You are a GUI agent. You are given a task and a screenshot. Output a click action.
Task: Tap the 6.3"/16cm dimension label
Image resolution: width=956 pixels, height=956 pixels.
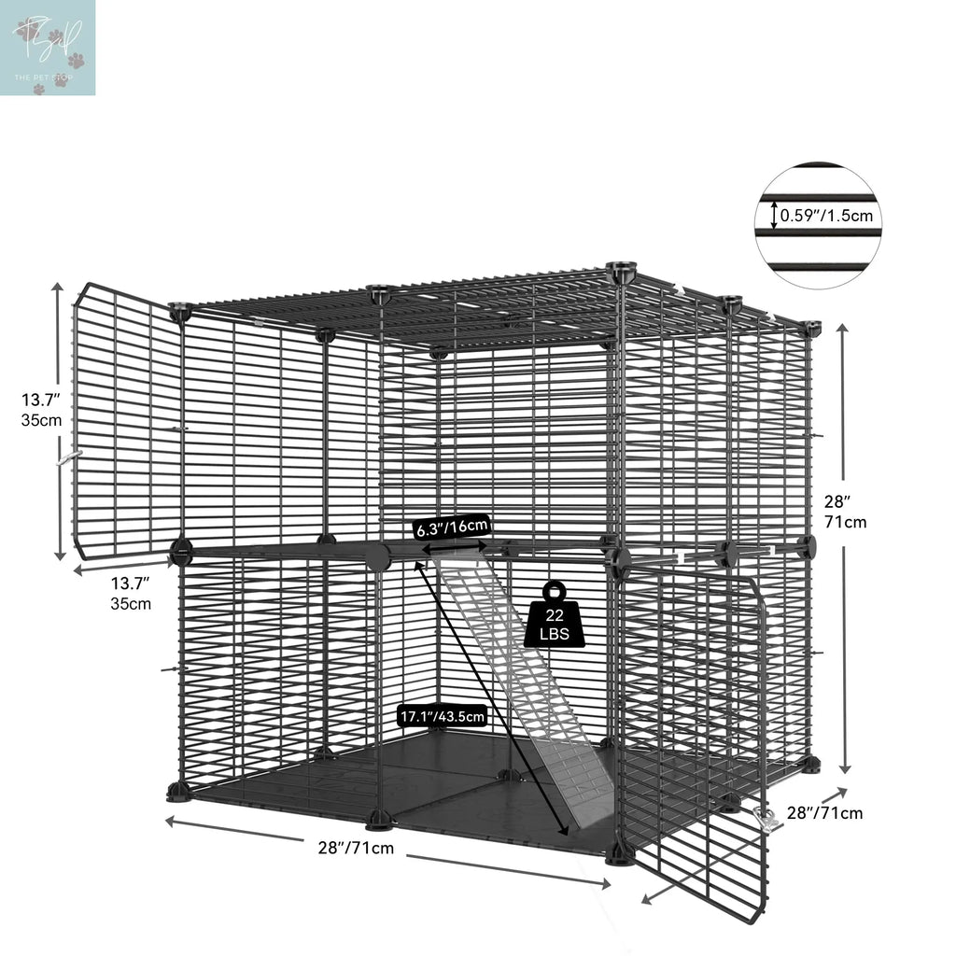pos(452,527)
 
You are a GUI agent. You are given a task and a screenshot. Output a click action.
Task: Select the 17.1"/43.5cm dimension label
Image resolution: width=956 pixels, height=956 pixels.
pos(443,716)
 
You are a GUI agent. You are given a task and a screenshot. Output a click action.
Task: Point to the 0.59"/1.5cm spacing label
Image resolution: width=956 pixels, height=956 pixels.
pos(826,216)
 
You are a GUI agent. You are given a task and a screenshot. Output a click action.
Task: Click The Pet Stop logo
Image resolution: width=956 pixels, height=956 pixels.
pos(48,48)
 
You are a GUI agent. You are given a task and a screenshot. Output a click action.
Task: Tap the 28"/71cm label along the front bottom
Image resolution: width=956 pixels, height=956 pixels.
pos(356,848)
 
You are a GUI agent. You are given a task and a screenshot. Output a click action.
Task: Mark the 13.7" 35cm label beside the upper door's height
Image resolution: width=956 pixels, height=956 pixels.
pos(42,409)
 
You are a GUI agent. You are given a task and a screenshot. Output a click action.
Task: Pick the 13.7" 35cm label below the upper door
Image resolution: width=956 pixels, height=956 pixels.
pos(131,593)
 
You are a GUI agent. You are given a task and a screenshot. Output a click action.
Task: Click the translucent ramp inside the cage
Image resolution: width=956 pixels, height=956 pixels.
pos(532,672)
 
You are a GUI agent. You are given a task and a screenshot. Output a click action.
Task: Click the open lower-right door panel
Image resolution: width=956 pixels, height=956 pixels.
pos(696,738)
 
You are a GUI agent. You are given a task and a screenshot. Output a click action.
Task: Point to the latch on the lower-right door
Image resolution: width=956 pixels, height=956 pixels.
pos(768,819)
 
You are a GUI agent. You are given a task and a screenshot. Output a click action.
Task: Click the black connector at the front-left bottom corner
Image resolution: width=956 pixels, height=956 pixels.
pos(178,793)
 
